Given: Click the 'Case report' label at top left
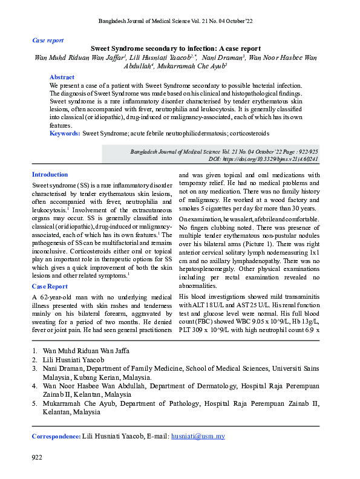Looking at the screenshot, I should [x=47, y=41].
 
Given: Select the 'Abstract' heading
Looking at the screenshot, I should [x=62, y=77].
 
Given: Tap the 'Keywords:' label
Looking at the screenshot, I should [x=65, y=132].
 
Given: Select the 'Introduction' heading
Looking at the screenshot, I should [x=50, y=174].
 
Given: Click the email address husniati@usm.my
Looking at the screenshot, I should [x=198, y=435].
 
